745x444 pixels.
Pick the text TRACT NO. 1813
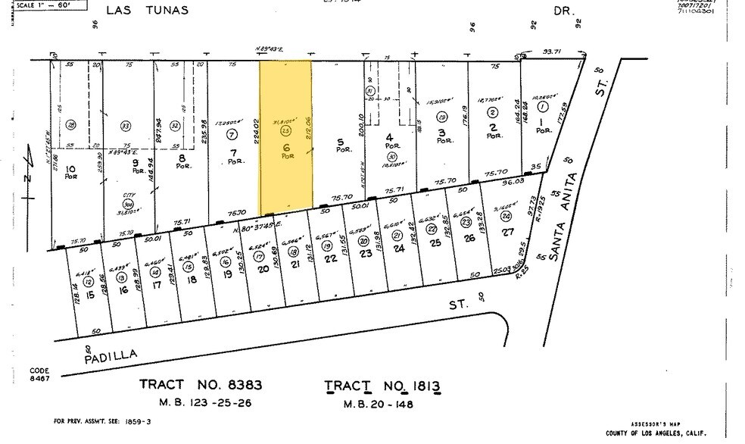[382, 386]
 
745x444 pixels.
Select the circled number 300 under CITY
[128, 204]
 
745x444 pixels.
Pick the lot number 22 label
[330, 258]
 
